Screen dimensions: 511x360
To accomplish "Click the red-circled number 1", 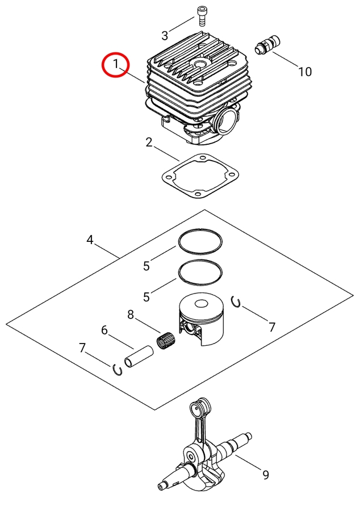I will (116, 64).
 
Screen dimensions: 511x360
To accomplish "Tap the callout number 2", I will (149, 142).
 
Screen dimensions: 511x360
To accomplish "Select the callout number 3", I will (165, 35).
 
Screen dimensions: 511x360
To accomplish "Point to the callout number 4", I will (90, 240).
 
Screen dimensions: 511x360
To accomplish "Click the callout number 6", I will (104, 330).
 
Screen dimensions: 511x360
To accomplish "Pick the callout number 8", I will (130, 315).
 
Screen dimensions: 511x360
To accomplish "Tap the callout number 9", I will (265, 475).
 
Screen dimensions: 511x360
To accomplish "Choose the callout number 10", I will (305, 72).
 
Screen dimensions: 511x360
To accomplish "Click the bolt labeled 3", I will (202, 15).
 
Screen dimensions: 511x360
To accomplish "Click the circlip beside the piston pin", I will (119, 369).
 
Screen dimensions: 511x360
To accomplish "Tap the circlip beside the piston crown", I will (237, 301).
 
